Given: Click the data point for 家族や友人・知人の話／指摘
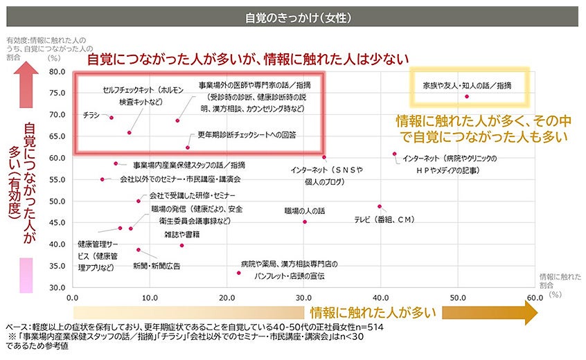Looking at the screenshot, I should pyautogui.click(x=467, y=96).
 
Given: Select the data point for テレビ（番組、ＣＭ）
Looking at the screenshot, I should pyautogui.click(x=380, y=206).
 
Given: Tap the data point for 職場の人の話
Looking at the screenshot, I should pyautogui.click(x=305, y=222).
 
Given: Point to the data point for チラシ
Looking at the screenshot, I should pyautogui.click(x=112, y=118).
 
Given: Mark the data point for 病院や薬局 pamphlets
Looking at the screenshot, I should pyautogui.click(x=239, y=273).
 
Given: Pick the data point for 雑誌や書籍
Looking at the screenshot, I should pyautogui.click(x=182, y=245).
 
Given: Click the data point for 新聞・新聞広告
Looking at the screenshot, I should pyautogui.click(x=139, y=249).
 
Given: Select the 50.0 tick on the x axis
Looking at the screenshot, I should pyautogui.click(x=456, y=298).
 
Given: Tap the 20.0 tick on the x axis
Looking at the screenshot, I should pyautogui.click(x=226, y=298).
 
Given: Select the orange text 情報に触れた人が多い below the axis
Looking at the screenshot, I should pyautogui.click(x=373, y=312).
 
